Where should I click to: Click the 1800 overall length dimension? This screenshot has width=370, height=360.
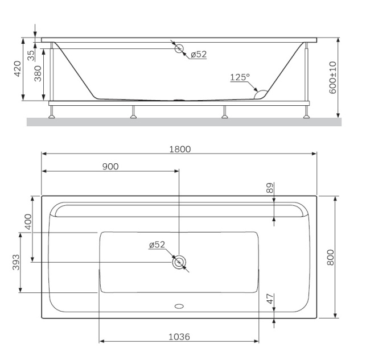click(179, 149)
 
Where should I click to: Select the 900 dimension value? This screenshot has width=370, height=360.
click(110, 166)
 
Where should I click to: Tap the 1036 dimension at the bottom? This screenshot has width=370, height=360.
click(179, 337)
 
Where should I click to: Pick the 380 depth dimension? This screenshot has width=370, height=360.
click(38, 72)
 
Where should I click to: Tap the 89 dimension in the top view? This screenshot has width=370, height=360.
click(270, 187)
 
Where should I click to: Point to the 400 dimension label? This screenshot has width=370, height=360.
click(27, 222)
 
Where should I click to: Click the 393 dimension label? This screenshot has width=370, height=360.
click(16, 262)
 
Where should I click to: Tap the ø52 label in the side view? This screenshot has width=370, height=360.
click(199, 54)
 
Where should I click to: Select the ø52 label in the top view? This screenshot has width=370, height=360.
click(157, 245)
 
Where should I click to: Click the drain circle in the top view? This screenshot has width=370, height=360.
click(179, 262)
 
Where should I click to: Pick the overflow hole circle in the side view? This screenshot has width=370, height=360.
click(179, 48)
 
